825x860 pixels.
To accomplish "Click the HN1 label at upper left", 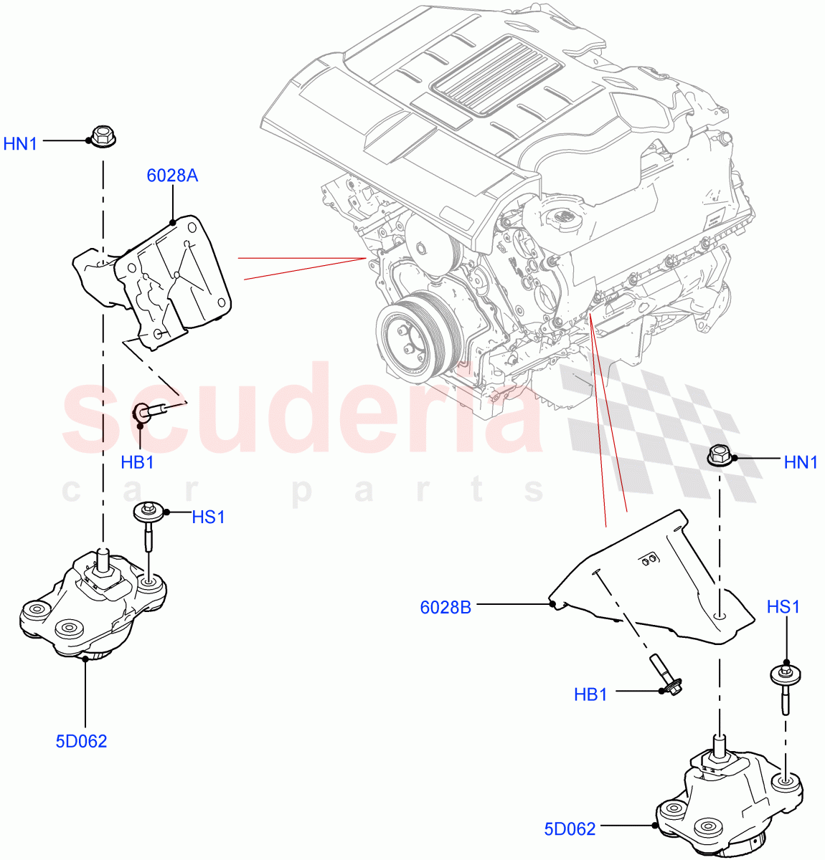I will (20, 143).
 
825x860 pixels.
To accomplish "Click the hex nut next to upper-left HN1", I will (103, 136).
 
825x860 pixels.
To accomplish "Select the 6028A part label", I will (172, 176).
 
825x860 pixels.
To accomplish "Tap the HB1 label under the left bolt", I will (137, 462).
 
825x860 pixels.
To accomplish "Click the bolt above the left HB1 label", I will (151, 411).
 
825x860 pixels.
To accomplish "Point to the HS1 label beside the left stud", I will (208, 517).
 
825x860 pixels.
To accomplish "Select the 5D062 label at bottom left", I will (81, 741).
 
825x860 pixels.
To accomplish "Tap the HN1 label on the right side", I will (801, 462).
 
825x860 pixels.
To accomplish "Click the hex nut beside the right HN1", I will (720, 455).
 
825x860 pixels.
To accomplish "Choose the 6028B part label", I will (445, 608).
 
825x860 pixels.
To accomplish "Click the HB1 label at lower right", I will (590, 694).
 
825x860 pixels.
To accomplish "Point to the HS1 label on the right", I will (783, 607).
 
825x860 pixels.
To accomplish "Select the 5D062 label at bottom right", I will (570, 829).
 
